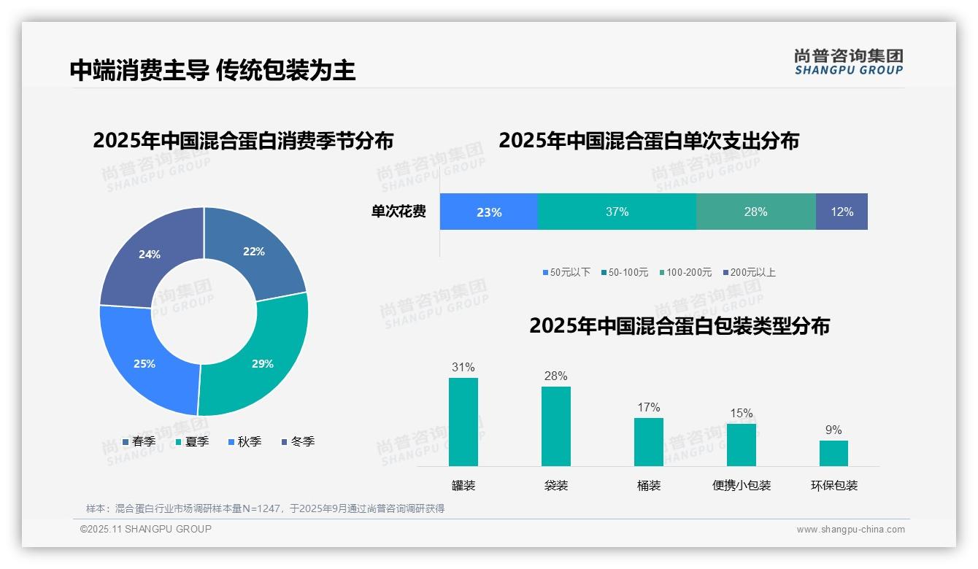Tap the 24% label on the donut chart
click(x=150, y=255)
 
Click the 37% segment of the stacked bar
click(x=617, y=212)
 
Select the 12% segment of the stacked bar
click(x=842, y=212)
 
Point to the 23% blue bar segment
click(x=488, y=212)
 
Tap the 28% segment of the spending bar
click(x=755, y=212)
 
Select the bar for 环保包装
click(x=833, y=453)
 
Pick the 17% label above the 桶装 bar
click(x=648, y=407)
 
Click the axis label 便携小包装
click(x=742, y=485)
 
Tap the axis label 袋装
click(x=556, y=485)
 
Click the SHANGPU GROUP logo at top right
click(x=849, y=62)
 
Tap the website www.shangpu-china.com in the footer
click(x=850, y=530)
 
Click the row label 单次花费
click(x=398, y=212)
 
